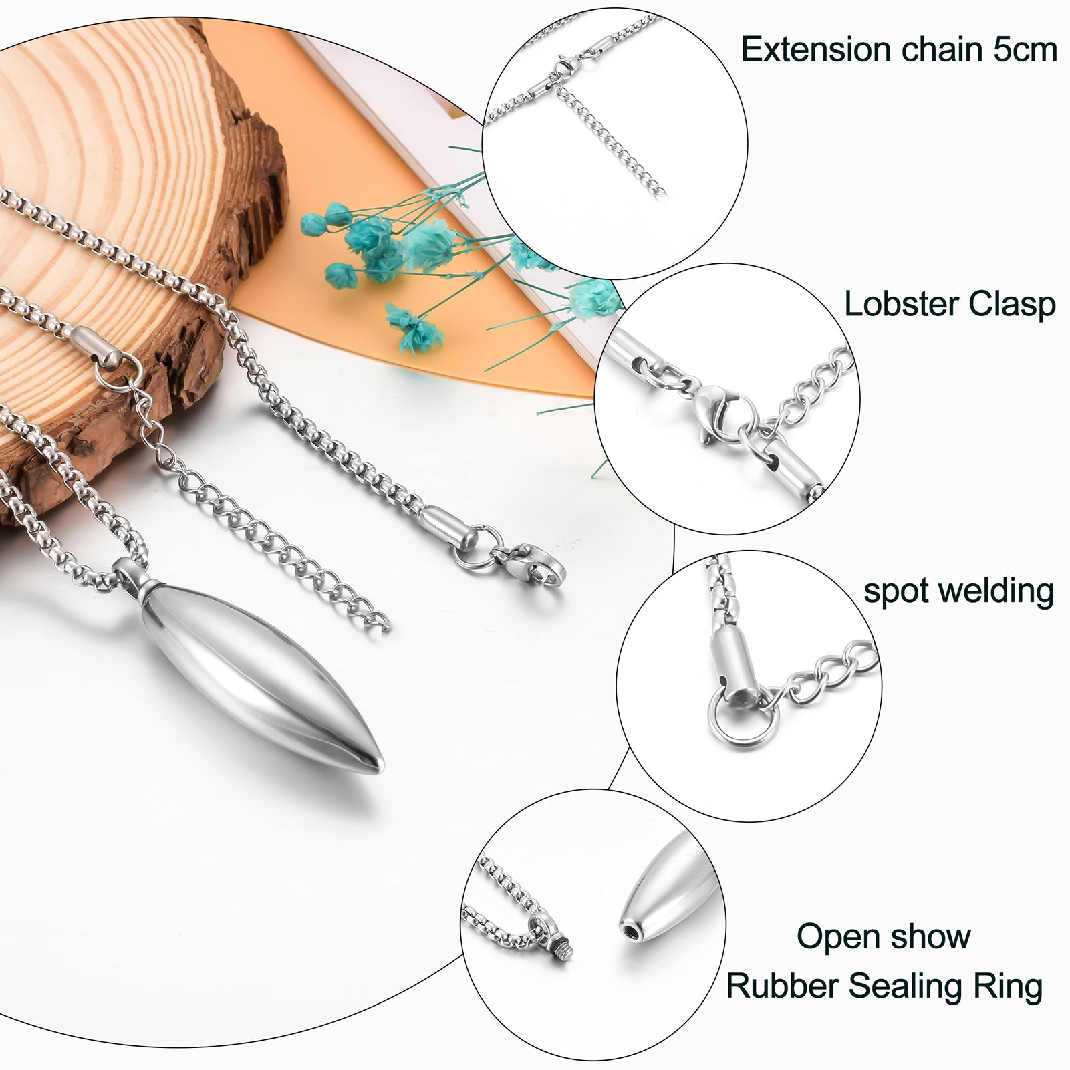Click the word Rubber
click(x=774, y=986)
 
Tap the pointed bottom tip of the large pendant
click(x=374, y=765)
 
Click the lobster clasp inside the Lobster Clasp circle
click(x=718, y=408)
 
